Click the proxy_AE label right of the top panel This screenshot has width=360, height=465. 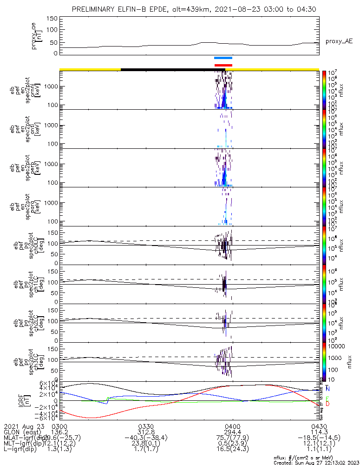[x=339, y=41]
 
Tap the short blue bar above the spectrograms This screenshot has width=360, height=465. [x=223, y=58]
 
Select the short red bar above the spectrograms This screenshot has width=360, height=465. [x=223, y=65]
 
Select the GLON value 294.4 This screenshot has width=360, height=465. [x=232, y=432]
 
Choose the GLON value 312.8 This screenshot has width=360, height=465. [x=146, y=432]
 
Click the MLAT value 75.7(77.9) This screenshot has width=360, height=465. [x=232, y=438]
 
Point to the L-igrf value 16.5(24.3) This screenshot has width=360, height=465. [x=232, y=451]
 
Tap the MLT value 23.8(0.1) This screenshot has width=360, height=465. [x=146, y=445]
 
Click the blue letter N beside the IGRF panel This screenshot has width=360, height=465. [x=328, y=388]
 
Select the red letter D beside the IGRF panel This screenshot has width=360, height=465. [x=328, y=404]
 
